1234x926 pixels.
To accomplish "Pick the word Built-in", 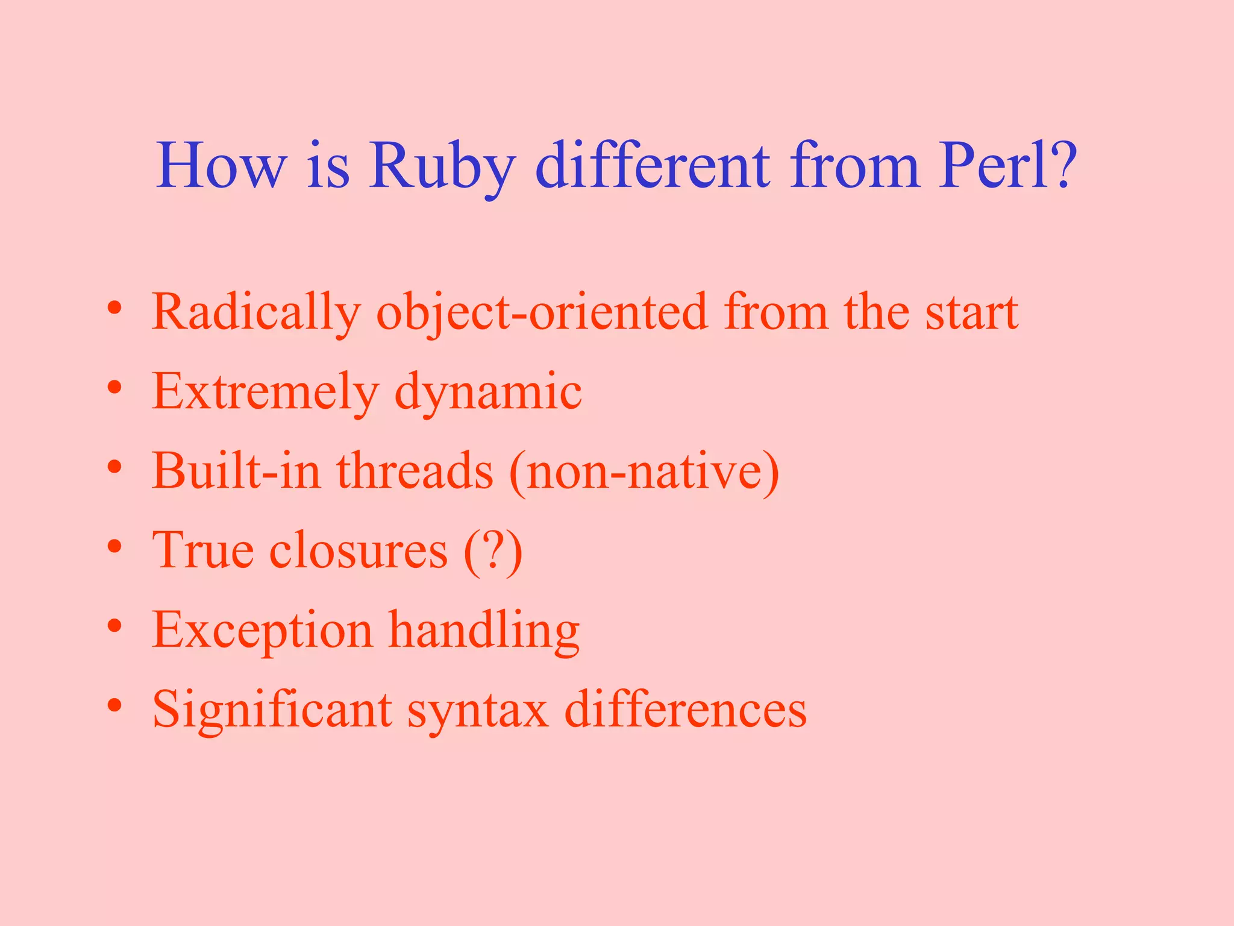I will [236, 471].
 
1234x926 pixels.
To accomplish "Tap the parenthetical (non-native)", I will [644, 472].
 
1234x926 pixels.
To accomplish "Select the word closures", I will [359, 550].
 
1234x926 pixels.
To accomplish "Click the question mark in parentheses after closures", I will [493, 550].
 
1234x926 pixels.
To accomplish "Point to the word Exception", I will [262, 631].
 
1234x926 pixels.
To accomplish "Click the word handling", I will [483, 631].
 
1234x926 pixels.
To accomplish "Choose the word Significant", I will [272, 710].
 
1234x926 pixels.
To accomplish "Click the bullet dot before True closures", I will [115, 546].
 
